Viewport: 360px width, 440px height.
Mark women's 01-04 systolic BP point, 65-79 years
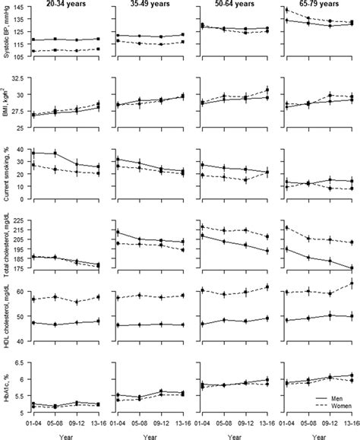tap(286, 10)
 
